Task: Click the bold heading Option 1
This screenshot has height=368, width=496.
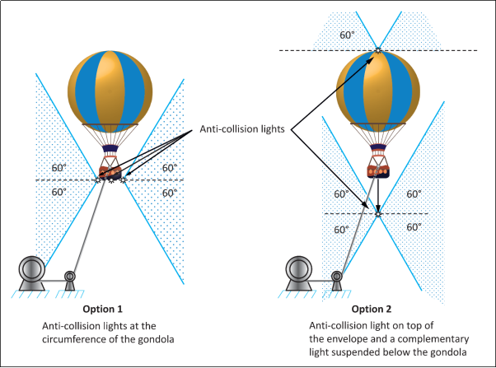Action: [x=103, y=310]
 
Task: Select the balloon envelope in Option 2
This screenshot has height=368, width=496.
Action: [x=378, y=86]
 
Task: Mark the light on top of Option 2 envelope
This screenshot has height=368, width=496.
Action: [x=378, y=50]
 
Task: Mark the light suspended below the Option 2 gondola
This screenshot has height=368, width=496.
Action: [x=378, y=213]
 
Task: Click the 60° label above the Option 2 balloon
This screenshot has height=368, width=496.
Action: [x=348, y=35]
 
